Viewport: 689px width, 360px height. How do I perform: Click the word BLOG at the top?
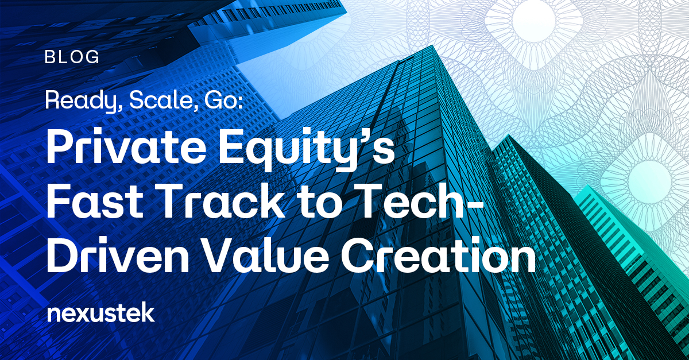point(72,57)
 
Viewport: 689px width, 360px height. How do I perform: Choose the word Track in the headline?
point(222,202)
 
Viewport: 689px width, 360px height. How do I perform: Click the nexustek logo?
point(101,313)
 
